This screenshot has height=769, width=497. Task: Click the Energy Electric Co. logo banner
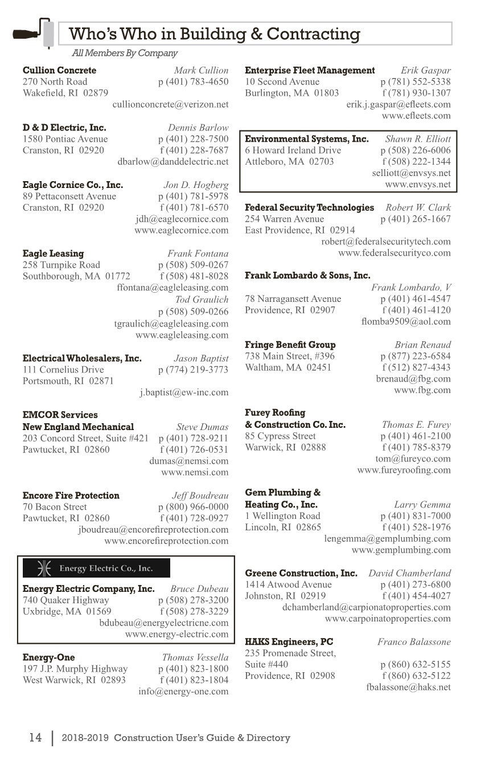[x=96, y=568]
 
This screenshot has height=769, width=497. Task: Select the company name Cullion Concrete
[x=59, y=71]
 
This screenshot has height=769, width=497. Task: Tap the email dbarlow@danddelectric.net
[x=172, y=162]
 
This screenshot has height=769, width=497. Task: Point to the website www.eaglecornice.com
[x=181, y=231]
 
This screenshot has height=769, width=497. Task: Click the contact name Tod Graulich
[x=202, y=300]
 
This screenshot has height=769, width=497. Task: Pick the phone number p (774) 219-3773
[x=193, y=370]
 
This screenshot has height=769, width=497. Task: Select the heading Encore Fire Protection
[x=71, y=496]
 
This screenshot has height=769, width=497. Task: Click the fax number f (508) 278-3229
[x=194, y=612]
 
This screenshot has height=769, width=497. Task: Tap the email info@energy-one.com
[x=183, y=692]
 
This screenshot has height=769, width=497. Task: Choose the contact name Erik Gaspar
[x=425, y=71]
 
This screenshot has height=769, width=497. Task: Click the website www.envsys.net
[x=417, y=185]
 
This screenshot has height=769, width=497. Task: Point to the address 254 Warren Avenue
[x=284, y=219]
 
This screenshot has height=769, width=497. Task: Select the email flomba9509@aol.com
[x=405, y=322]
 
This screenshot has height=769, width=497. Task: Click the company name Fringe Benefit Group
[x=290, y=345]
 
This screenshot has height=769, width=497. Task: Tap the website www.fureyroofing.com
[x=404, y=471]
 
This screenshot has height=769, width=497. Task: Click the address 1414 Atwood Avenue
[x=288, y=585]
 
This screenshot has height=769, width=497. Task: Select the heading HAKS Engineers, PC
[x=289, y=642]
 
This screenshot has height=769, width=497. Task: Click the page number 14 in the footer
[x=35, y=738]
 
